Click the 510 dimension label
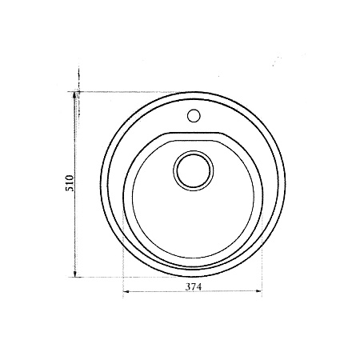click(x=70, y=183)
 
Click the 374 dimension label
click(x=194, y=286)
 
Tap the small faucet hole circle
click(x=194, y=116)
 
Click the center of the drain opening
click(x=194, y=170)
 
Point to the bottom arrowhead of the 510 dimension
click(x=75, y=274)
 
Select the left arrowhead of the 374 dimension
click(x=126, y=291)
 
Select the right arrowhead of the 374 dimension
click(x=258, y=291)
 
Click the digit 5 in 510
click(x=70, y=189)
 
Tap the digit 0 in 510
click(x=70, y=178)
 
